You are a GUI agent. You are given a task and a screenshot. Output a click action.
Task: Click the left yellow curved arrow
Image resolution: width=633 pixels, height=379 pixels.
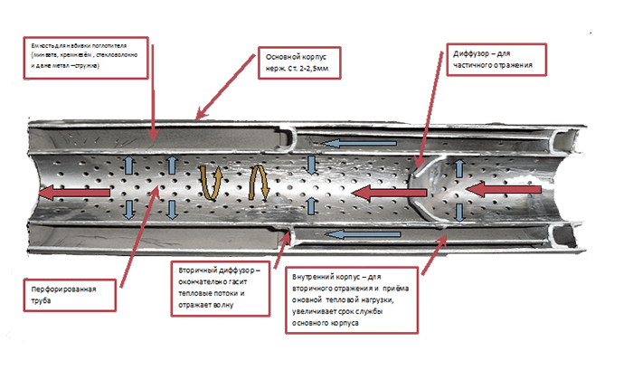[x=214, y=184]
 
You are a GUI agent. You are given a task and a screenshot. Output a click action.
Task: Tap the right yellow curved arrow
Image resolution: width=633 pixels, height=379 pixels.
[x=259, y=185]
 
